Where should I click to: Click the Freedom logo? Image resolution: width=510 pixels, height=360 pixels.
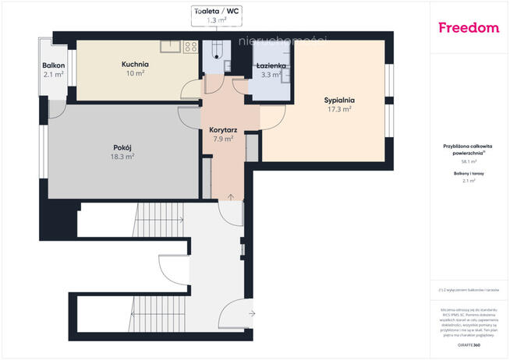click(x=469, y=28)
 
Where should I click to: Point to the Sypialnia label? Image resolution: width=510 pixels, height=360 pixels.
click(x=339, y=100)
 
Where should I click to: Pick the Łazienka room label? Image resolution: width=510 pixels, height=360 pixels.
click(x=272, y=67)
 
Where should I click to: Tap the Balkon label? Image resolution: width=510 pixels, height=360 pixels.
click(x=54, y=65)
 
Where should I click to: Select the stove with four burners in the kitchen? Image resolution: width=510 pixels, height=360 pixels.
click(x=190, y=47)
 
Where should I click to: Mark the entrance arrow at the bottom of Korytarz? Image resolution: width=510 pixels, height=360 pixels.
click(x=230, y=194)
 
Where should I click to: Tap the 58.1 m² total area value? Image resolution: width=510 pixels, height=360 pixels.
click(x=469, y=162)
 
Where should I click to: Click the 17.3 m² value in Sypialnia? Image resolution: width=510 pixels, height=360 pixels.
click(x=339, y=110)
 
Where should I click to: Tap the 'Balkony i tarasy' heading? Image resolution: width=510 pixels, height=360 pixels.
click(x=469, y=173)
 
